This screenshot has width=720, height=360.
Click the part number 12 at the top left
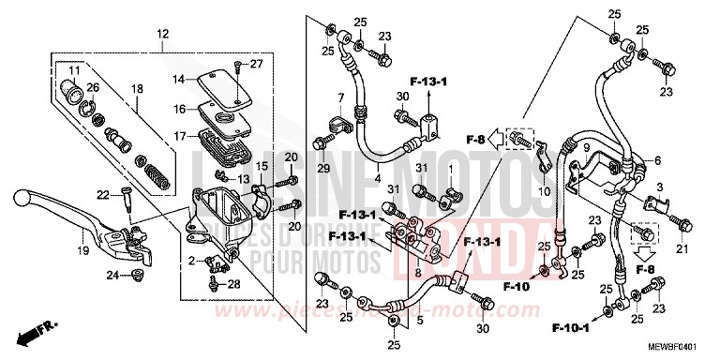coord(162,34)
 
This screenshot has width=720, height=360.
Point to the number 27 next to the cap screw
coord(257,64)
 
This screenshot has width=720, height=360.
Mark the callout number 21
coord(682,248)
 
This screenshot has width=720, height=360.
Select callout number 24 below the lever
coord(112,276)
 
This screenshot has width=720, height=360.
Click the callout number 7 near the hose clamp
coord(343,97)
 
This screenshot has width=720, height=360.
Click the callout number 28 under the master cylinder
coord(232,283)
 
